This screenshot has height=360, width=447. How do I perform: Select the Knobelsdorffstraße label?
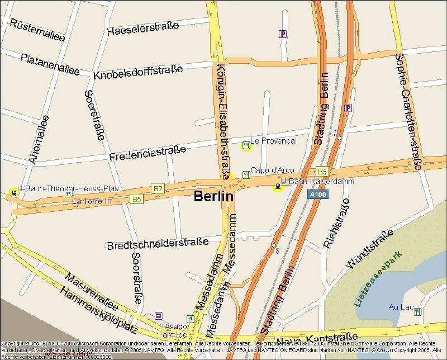coord(139,72)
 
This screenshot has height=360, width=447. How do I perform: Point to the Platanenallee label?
coord(50,64)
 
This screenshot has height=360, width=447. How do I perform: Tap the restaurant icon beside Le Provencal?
coord(245,146)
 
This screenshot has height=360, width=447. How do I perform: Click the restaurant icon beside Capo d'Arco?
coord(245,174)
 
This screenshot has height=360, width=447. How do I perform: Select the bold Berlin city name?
coord(213,197)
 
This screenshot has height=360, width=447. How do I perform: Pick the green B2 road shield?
coord(158,189)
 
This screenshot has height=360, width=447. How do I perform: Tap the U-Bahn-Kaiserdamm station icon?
coord(277,187)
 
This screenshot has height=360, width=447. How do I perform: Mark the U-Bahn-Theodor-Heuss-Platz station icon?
coord(13,193)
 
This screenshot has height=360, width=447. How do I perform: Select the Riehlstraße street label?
coord(337,222)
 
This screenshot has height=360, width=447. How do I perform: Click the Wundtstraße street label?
coord(366,254)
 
